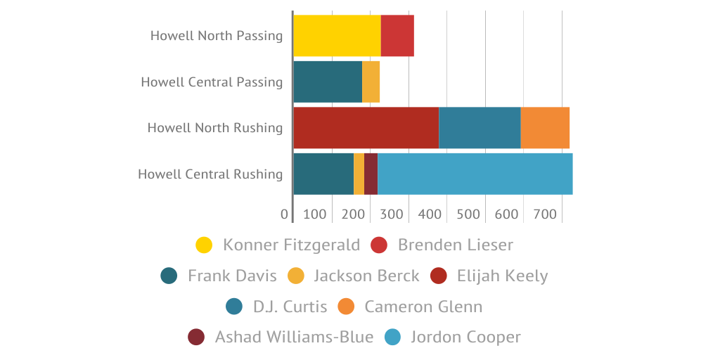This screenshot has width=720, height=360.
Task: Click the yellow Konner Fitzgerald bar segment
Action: [337, 36]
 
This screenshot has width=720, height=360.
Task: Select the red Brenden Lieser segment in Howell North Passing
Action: [397, 36]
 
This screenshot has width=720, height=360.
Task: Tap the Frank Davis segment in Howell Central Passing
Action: [328, 82]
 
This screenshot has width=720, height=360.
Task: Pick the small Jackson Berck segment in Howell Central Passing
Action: [371, 82]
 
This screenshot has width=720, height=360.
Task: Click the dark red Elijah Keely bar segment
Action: [366, 128]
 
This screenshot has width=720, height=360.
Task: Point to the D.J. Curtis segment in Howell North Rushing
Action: [480, 128]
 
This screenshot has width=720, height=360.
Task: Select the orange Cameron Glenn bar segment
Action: [545, 128]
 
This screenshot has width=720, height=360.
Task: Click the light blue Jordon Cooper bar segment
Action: [475, 174]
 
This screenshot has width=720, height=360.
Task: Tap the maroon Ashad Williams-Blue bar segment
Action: [371, 174]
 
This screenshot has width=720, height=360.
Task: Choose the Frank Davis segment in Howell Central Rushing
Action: [323, 174]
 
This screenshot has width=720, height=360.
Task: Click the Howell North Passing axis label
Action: [217, 36]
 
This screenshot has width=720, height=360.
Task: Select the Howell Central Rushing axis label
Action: [210, 174]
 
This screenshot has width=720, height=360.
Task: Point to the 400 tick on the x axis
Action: [430, 214]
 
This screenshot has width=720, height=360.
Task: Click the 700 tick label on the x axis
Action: [544, 214]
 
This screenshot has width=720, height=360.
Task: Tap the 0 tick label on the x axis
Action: [284, 214]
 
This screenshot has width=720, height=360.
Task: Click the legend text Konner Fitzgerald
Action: [291, 245]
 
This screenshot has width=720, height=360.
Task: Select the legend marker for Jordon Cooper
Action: [393, 337]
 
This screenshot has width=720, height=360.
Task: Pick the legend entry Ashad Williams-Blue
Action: [294, 337]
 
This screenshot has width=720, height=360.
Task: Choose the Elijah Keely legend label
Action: [502, 276]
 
